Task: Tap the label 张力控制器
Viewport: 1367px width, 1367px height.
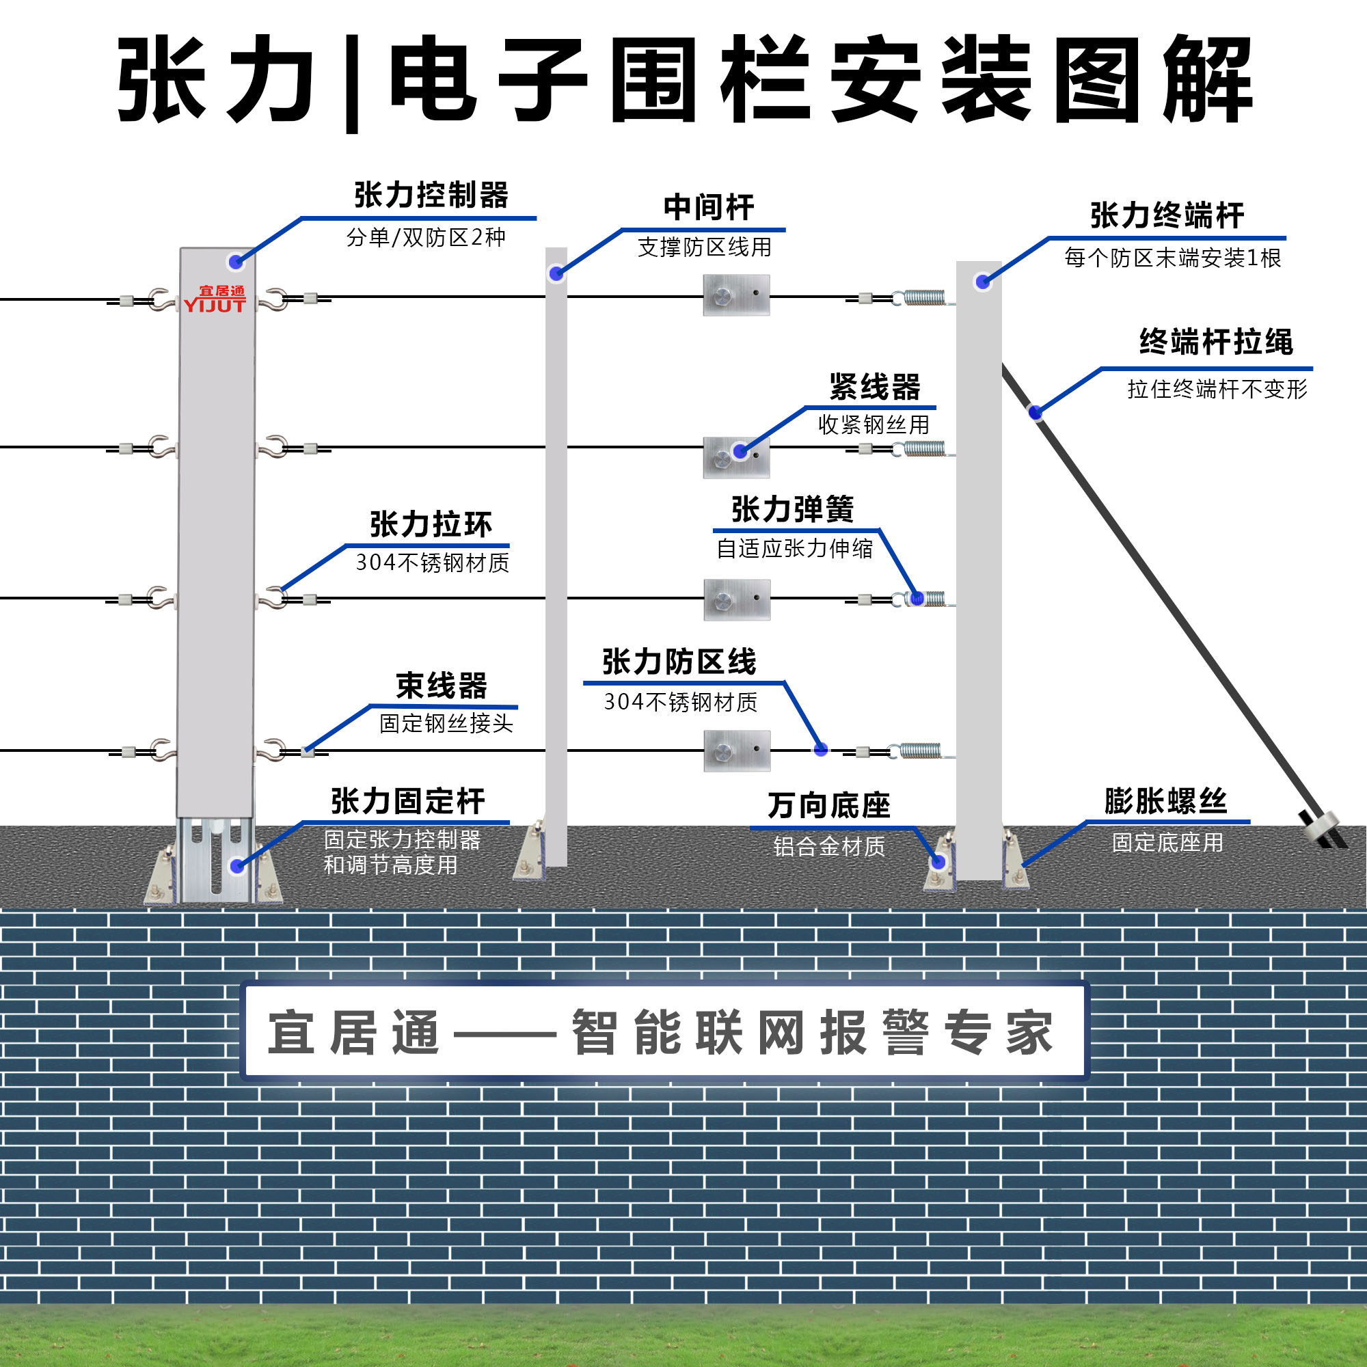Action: pyautogui.click(x=431, y=195)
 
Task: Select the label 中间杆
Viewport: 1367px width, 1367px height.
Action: pyautogui.click(x=708, y=207)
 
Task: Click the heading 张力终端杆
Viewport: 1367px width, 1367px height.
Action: pyautogui.click(x=1167, y=215)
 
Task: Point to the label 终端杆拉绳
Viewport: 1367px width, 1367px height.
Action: pyautogui.click(x=1215, y=342)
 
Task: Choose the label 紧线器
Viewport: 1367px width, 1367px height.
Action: pyautogui.click(x=875, y=387)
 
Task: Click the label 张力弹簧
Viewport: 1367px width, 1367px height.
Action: pyautogui.click(x=792, y=509)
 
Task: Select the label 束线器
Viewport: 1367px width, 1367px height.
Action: pyautogui.click(x=442, y=686)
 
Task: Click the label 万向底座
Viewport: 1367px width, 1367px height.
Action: pyautogui.click(x=828, y=805)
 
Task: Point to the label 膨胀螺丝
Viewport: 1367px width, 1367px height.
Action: pyautogui.click(x=1165, y=801)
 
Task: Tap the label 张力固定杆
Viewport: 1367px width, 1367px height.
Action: pyautogui.click(x=407, y=801)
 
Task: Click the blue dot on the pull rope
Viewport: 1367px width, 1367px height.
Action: pyautogui.click(x=1035, y=411)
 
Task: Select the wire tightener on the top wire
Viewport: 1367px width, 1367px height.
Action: pyautogui.click(x=736, y=295)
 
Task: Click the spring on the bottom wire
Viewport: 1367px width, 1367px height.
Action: pyautogui.click(x=920, y=750)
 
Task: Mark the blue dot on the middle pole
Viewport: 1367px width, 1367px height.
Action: pyautogui.click(x=556, y=273)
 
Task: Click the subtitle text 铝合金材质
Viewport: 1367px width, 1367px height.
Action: pyautogui.click(x=828, y=846)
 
